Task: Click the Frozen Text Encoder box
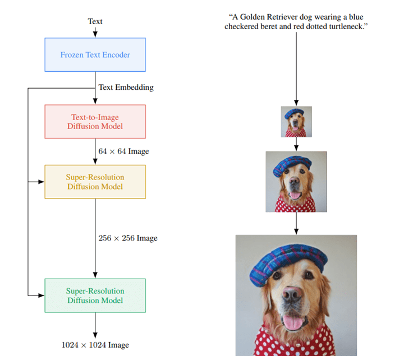[x=95, y=55]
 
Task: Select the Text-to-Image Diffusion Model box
[x=95, y=122]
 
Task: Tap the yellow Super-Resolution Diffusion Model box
[x=95, y=182]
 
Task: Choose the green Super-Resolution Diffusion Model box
[x=95, y=296]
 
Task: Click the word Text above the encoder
[x=95, y=22]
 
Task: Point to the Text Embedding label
[x=126, y=87]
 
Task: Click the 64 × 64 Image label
[x=123, y=151]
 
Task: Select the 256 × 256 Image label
[x=128, y=238]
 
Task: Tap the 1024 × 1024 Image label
[x=95, y=345]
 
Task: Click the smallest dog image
[x=296, y=122]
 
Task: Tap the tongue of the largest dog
[x=293, y=322]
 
